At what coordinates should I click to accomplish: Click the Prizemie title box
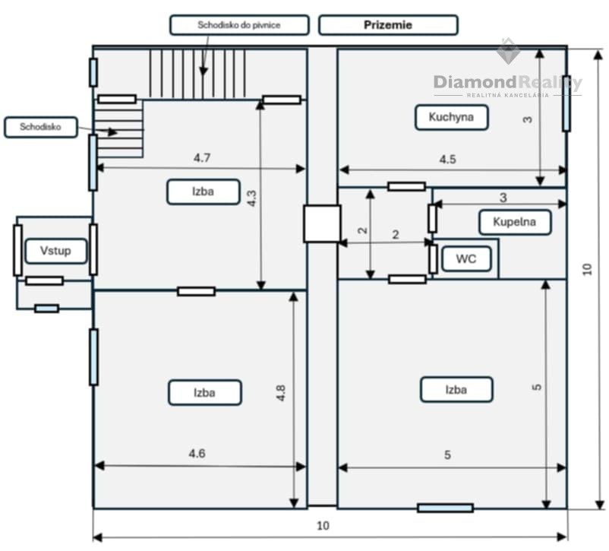coord(388,25)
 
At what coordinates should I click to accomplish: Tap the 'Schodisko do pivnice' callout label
coord(239,25)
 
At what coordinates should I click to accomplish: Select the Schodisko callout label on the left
coord(40,127)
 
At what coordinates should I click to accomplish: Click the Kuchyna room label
coord(451,117)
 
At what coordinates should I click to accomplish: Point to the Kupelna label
coord(514,222)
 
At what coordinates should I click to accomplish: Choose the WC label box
coord(465,259)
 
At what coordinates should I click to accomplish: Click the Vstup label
coord(55,250)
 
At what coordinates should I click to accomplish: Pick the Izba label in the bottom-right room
coord(456,390)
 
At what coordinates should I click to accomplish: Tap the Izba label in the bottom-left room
coord(204,392)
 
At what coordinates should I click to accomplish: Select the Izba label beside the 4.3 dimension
coord(203,192)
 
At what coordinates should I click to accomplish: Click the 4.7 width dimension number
coord(201,158)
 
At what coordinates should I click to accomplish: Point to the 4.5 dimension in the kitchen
coord(448,160)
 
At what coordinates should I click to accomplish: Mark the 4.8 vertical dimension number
coord(280,393)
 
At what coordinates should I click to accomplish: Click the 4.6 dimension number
coord(197,454)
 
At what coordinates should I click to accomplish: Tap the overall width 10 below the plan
coord(323,525)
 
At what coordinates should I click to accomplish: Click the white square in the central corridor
coord(322,223)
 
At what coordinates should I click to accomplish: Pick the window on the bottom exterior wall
coord(445,507)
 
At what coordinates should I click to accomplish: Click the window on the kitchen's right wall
coord(566,112)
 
